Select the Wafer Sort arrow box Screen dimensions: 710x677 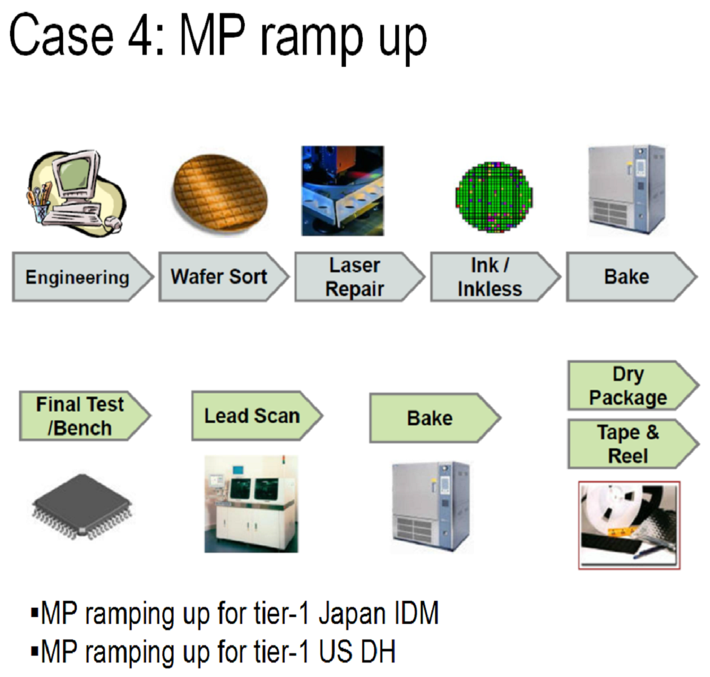pos(224,277)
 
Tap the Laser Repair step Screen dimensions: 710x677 pos(360,277)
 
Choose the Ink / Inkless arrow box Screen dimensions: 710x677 pos(495,277)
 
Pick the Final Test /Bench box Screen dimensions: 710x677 pos(85,416)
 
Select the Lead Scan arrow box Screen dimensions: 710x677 pos(257,416)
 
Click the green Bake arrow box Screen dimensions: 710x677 pos(435,418)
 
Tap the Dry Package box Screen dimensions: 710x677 pos(633,385)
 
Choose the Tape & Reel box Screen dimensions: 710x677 pos(633,444)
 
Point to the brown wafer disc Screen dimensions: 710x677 pos(220,192)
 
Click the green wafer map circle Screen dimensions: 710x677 pos(494,197)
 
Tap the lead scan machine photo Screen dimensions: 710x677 pos(251,503)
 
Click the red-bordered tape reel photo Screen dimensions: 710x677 pos(629,525)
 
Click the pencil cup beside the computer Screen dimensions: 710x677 pos(40,207)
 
